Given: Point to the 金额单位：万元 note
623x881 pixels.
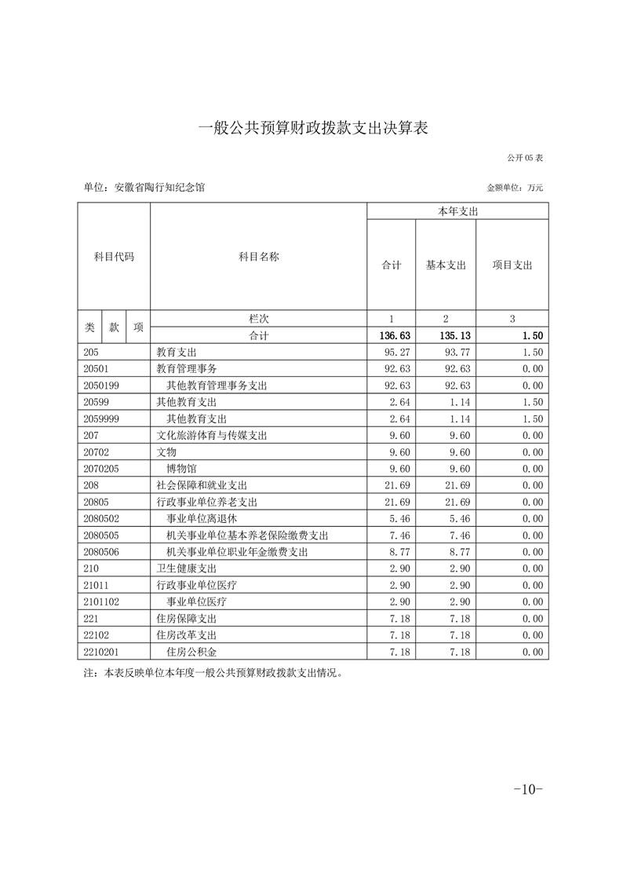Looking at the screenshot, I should (515, 188).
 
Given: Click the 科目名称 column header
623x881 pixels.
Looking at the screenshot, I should (258, 257).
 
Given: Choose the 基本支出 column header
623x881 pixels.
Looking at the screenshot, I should (446, 265).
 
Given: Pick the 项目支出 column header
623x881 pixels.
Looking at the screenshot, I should (512, 265).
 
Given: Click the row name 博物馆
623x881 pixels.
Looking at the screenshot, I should (182, 469).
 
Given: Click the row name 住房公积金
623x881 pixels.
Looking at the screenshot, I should (192, 652).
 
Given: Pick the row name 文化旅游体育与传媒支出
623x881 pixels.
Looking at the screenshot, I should (212, 436).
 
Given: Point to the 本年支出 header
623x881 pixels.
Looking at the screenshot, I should (457, 211).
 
